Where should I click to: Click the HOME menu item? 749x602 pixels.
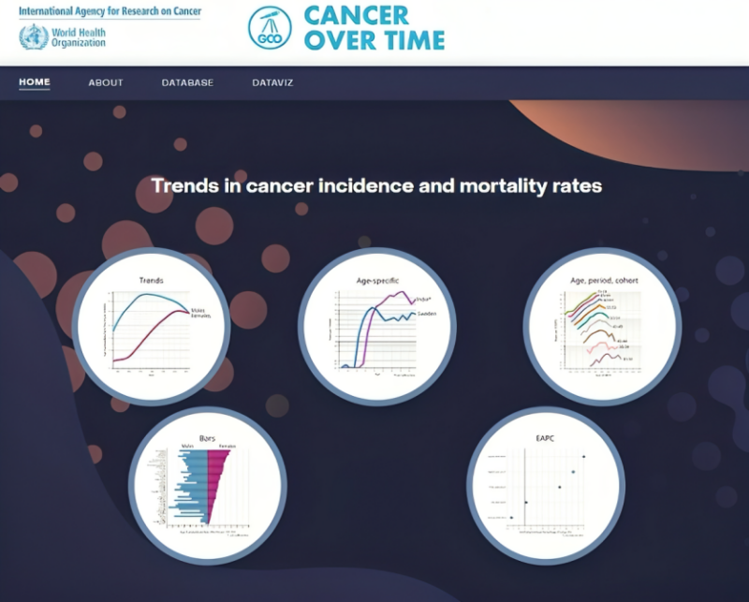35,82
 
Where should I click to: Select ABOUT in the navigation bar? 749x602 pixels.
106,82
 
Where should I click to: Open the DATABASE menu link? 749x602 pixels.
187,82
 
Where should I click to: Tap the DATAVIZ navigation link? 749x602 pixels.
272,82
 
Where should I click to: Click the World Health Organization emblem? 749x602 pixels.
34,37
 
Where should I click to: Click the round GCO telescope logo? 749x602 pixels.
270,27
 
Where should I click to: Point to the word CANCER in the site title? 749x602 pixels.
356,16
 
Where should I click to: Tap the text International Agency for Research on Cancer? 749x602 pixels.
110,10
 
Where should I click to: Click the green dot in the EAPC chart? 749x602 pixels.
573,471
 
